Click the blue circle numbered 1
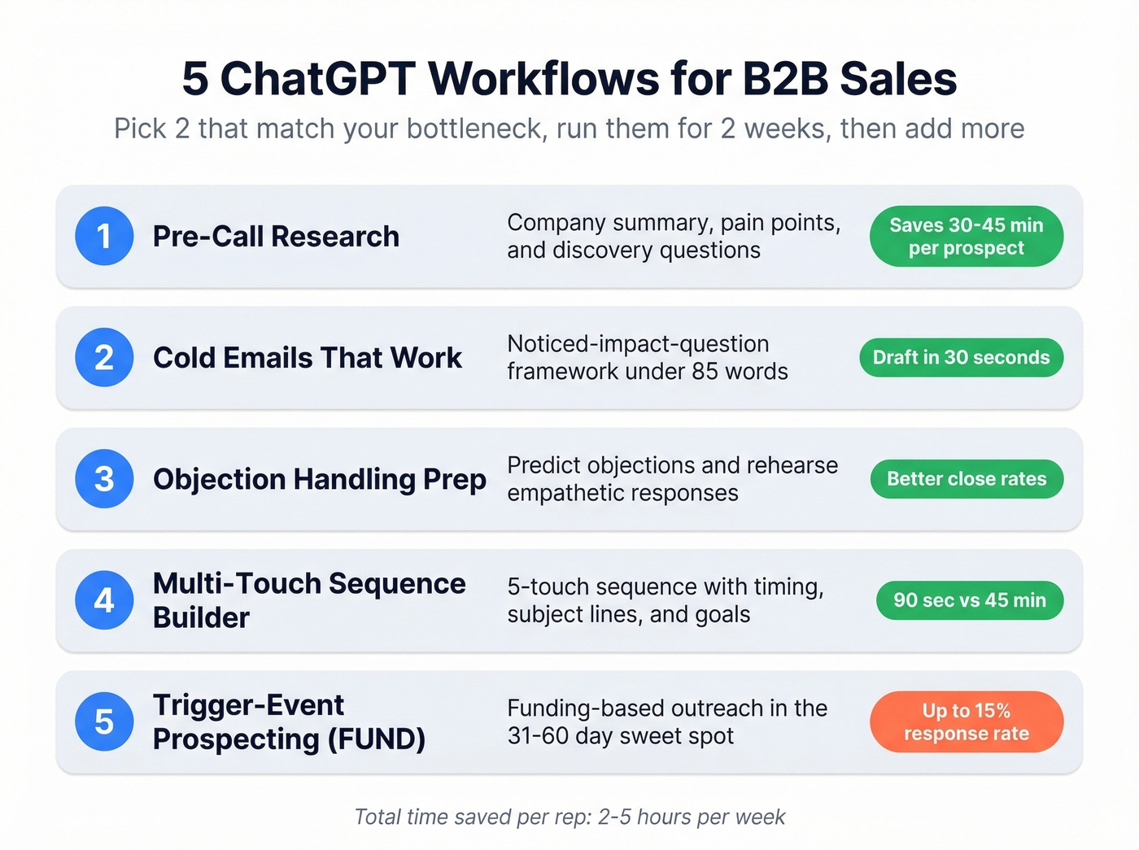click(x=104, y=236)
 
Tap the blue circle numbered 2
click(x=104, y=357)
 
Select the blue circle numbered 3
click(x=104, y=479)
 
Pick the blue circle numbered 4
click(x=104, y=600)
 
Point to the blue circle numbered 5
click(x=104, y=721)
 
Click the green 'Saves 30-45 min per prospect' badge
click(x=966, y=236)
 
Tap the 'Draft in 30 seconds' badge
click(x=961, y=357)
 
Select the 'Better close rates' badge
click(x=966, y=479)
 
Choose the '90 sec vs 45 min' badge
click(x=969, y=600)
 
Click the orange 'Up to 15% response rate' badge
click(x=966, y=721)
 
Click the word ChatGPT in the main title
click(x=318, y=79)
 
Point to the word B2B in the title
click(x=786, y=79)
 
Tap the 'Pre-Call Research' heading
click(x=276, y=237)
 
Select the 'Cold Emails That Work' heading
click(x=307, y=358)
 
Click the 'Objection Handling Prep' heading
click(x=319, y=480)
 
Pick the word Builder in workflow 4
click(x=201, y=617)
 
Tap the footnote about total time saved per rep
click(x=569, y=817)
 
